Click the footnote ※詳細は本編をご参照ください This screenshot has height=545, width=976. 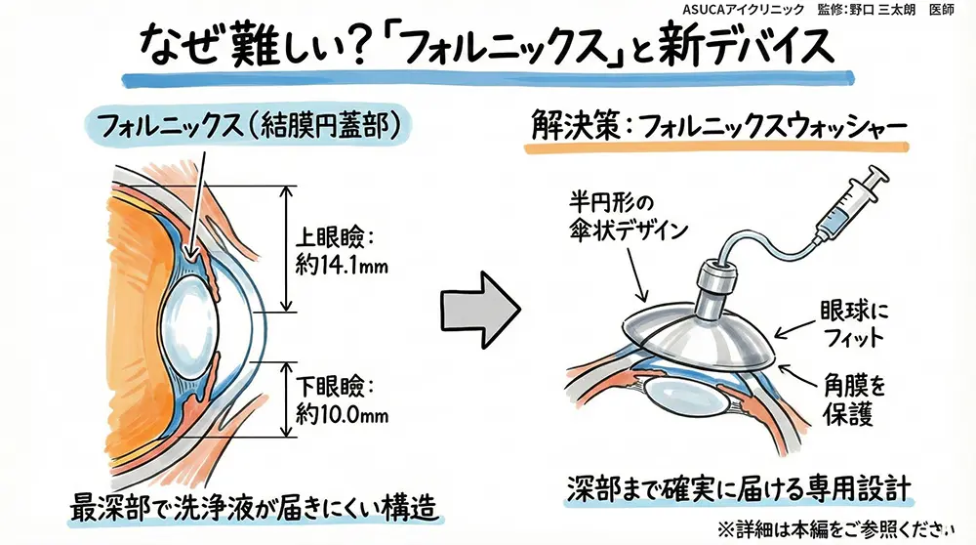(x=834, y=528)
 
